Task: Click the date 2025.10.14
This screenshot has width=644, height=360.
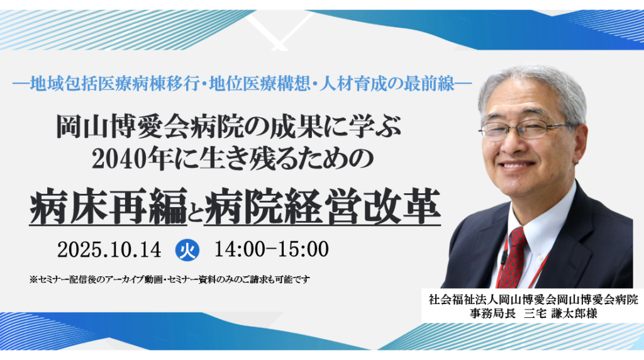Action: click(109, 250)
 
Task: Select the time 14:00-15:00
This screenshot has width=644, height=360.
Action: click(271, 250)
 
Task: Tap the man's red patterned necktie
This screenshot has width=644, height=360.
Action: click(513, 258)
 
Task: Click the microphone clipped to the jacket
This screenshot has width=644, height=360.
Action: click(504, 257)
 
